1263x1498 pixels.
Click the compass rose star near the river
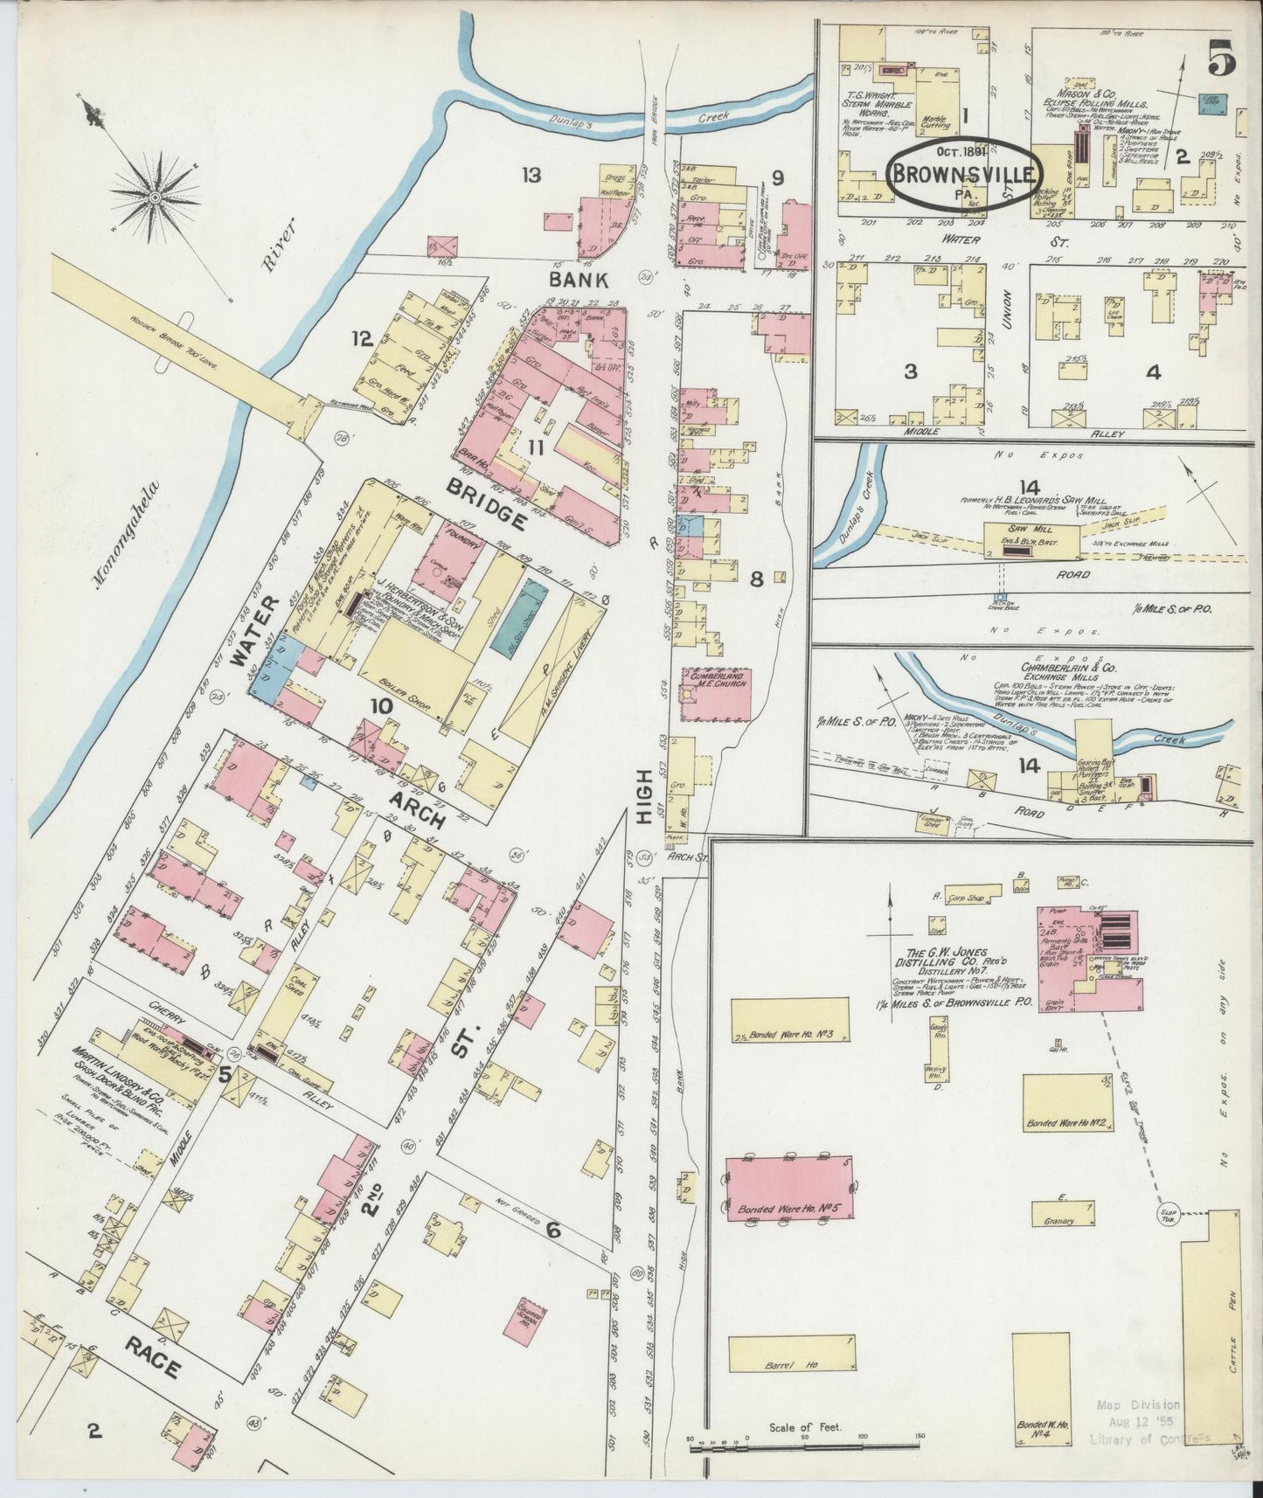[156, 198]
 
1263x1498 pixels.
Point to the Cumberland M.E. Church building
[717, 695]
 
